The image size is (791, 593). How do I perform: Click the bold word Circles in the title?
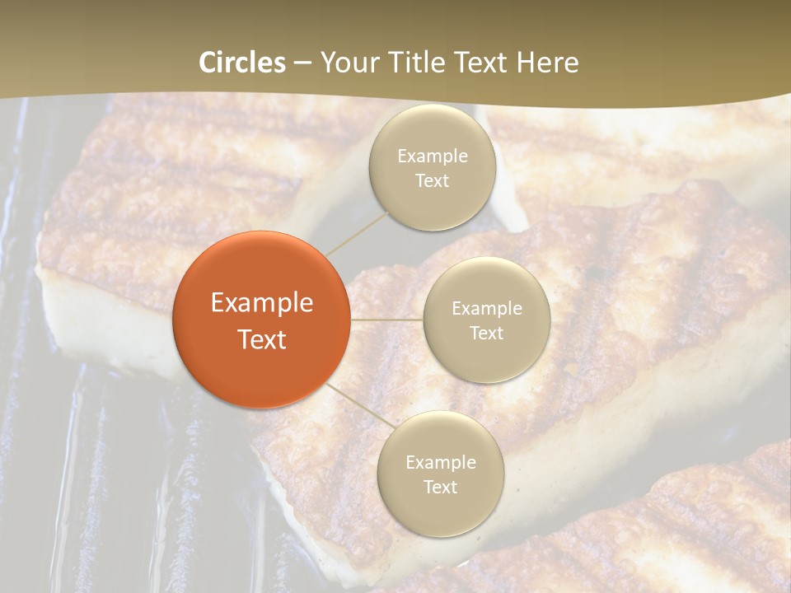tap(242, 63)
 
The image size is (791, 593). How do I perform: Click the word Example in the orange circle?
tap(262, 303)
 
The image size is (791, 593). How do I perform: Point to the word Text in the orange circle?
tap(262, 339)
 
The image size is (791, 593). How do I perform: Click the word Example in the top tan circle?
tap(433, 156)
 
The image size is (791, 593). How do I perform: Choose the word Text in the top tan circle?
tap(433, 180)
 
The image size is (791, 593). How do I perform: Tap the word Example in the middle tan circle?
tap(487, 309)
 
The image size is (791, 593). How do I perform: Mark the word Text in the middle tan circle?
tap(487, 333)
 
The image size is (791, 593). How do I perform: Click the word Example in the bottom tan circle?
tap(441, 463)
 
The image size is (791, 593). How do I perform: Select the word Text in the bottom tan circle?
tap(441, 487)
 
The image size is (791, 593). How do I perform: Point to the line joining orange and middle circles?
tap(387, 320)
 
